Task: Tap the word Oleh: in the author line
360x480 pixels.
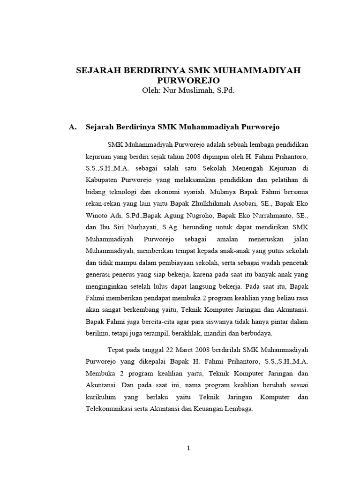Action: (x=150, y=90)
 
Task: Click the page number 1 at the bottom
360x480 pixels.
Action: (x=188, y=448)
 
